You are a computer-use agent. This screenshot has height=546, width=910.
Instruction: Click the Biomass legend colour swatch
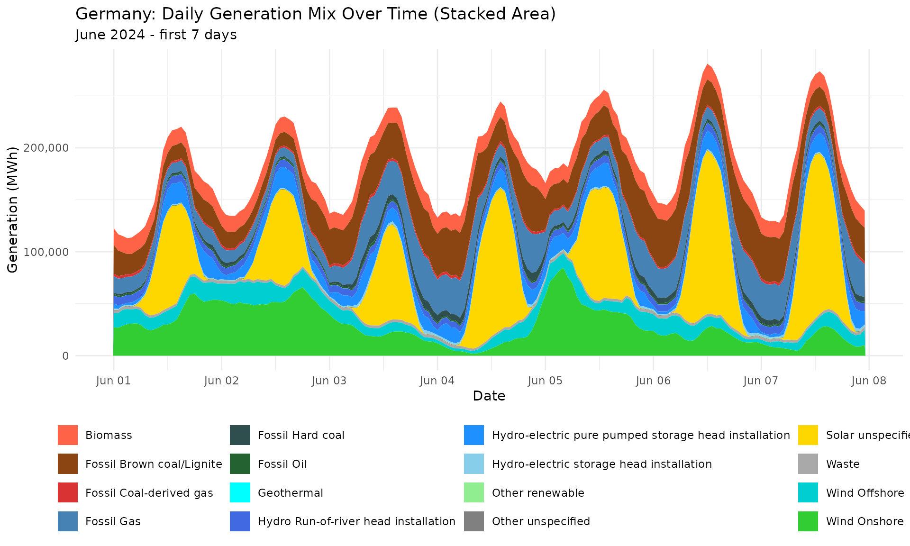pos(68,435)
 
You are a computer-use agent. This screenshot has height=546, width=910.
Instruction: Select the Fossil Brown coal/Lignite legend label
pos(154,464)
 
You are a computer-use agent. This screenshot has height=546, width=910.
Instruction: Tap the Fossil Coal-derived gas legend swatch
pos(68,493)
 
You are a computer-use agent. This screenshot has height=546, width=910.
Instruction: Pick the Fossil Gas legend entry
pos(113,521)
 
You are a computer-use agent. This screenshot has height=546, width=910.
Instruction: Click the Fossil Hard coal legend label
pos(301,435)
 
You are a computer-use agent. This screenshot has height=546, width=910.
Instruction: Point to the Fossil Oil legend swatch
pos(240,464)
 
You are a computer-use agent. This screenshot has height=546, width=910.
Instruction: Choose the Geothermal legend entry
pos(290,493)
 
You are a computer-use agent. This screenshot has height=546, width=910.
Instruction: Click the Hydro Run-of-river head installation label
pos(356,521)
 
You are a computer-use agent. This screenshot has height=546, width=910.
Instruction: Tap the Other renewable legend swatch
pos(474,493)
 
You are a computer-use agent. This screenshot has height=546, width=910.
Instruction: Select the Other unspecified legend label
pos(541,521)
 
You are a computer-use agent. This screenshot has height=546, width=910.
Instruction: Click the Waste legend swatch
pos(808,464)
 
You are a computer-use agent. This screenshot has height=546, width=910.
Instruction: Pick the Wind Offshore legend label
pos(864,493)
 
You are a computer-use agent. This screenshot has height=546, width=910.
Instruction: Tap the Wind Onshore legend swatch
pos(808,521)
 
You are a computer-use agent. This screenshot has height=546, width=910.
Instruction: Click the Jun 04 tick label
pos(437,381)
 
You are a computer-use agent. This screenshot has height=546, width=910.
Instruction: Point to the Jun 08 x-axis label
pos(869,381)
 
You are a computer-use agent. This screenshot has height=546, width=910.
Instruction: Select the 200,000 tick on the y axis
pos(45,148)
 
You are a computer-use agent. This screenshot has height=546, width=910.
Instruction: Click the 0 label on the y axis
pos(65,356)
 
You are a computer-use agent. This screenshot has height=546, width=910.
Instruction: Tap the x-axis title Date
pos(489,396)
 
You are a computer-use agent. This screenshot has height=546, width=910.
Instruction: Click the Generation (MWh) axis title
pos(13,209)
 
